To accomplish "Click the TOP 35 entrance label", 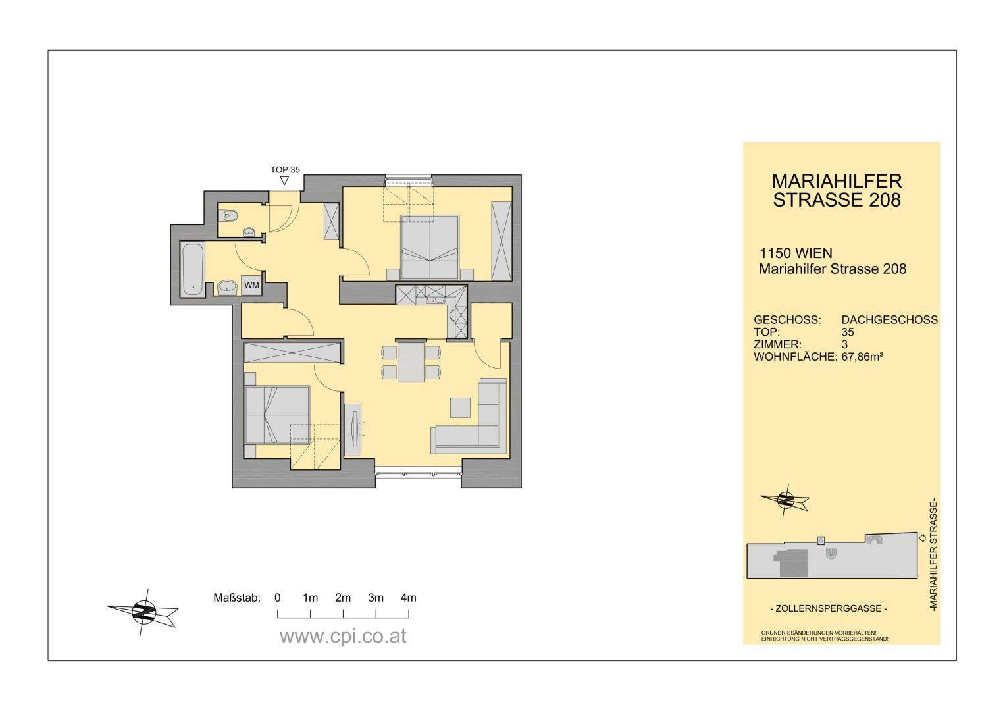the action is pyautogui.click(x=285, y=170).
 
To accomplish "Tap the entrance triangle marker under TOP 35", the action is pyautogui.click(x=284, y=181).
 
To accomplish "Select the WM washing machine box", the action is pyautogui.click(x=251, y=286).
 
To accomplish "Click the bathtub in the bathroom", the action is pyautogui.click(x=192, y=269).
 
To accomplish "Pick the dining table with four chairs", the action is pyautogui.click(x=411, y=362).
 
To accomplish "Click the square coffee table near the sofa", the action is pyautogui.click(x=460, y=408).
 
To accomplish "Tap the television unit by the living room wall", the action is pyautogui.click(x=353, y=430).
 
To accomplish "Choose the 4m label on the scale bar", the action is pyautogui.click(x=408, y=598).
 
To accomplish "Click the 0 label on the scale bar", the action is pyautogui.click(x=278, y=598).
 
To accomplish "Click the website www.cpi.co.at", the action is pyautogui.click(x=343, y=637).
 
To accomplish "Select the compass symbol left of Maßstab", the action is pyautogui.click(x=143, y=612).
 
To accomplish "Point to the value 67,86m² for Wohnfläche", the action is pyautogui.click(x=862, y=357).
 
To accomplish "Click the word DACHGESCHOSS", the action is pyautogui.click(x=889, y=320).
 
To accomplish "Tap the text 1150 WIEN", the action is pyautogui.click(x=796, y=253).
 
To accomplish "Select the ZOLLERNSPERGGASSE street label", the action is pyautogui.click(x=828, y=609).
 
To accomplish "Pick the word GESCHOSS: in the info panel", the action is pyautogui.click(x=787, y=320).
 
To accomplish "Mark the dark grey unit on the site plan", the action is pyautogui.click(x=794, y=563).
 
